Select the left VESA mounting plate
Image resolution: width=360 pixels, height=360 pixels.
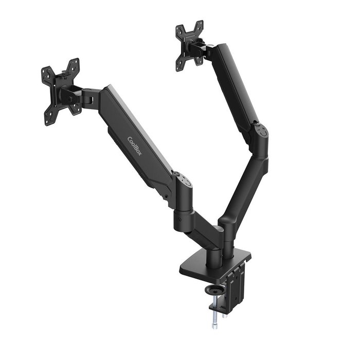[61, 92]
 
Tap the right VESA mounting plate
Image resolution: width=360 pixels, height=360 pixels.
[189, 45]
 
